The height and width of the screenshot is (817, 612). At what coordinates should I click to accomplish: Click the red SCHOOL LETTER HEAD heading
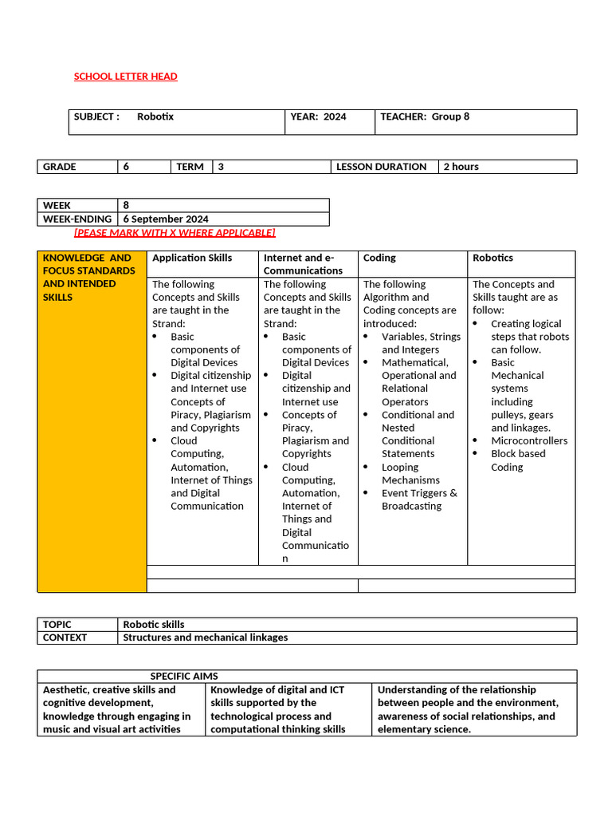pyautogui.click(x=125, y=77)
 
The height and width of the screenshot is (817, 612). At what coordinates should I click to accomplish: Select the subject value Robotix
pyautogui.click(x=155, y=116)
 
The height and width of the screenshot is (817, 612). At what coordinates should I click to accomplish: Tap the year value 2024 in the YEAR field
pyautogui.click(x=335, y=116)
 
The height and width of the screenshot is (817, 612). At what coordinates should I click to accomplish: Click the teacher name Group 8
pyautogui.click(x=450, y=116)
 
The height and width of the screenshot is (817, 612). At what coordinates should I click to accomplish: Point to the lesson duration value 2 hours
pyautogui.click(x=461, y=167)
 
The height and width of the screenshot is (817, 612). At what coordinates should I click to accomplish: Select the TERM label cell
pyautogui.click(x=190, y=167)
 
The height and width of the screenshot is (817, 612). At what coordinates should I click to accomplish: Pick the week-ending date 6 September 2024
pyautogui.click(x=166, y=219)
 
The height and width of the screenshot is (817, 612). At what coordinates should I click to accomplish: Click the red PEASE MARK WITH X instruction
pyautogui.click(x=175, y=232)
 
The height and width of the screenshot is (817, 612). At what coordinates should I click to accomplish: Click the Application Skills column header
pyautogui.click(x=192, y=258)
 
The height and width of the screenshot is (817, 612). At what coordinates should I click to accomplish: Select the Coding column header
pyautogui.click(x=379, y=258)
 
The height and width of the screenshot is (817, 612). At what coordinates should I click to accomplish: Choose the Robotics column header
pyautogui.click(x=492, y=258)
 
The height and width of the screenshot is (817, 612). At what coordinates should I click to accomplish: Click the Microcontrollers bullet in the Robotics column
pyautogui.click(x=529, y=440)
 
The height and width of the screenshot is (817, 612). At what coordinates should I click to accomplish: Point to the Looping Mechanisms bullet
pyautogui.click(x=410, y=474)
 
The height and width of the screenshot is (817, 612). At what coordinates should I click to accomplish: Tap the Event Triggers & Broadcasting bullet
pyautogui.click(x=419, y=499)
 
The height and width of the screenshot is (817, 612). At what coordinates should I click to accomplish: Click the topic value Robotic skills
pyautogui.click(x=154, y=625)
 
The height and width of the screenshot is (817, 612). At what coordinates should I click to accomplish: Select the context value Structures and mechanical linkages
pyautogui.click(x=206, y=637)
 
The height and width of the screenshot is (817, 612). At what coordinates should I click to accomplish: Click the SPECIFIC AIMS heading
pyautogui.click(x=184, y=676)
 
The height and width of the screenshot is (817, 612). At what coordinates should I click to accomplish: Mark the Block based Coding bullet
pyautogui.click(x=518, y=460)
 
